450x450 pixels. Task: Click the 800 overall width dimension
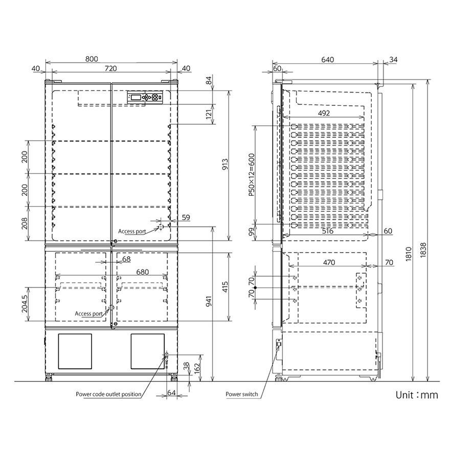[x=92, y=59]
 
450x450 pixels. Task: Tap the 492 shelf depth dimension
[x=324, y=113]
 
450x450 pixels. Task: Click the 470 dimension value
[x=328, y=263]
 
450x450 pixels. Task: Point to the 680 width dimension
[x=143, y=273]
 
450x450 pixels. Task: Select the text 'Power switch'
[x=241, y=395]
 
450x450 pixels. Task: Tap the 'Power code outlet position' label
[x=108, y=394]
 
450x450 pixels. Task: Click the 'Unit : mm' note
[x=417, y=395]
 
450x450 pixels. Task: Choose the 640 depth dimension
[x=328, y=59]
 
